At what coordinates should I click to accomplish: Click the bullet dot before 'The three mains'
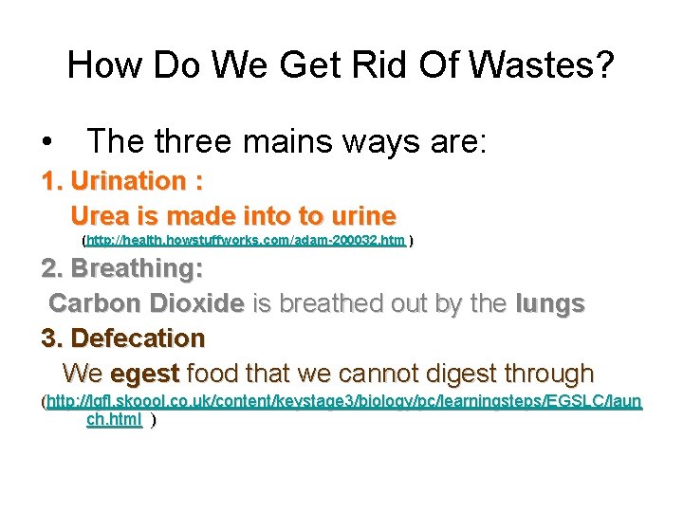46,143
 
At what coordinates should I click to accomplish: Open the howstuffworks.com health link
246,241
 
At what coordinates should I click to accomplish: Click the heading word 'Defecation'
138,338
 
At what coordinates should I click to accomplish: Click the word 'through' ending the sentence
545,373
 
